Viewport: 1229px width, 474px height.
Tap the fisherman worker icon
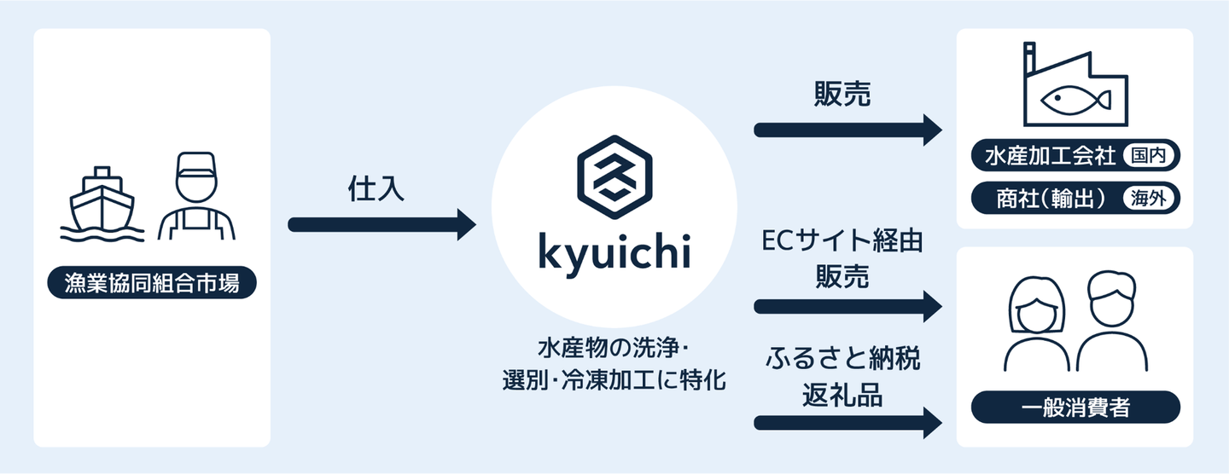(195, 197)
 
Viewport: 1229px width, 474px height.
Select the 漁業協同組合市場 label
(152, 284)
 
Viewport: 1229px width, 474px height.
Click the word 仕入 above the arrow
(376, 189)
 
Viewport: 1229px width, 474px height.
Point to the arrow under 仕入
(382, 225)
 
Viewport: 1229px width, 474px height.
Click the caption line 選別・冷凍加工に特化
(614, 380)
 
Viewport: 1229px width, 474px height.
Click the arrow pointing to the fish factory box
(847, 130)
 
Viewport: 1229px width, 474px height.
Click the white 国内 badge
(1150, 157)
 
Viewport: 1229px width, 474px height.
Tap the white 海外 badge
(1150, 199)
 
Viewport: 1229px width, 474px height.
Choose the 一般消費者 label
(1075, 408)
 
